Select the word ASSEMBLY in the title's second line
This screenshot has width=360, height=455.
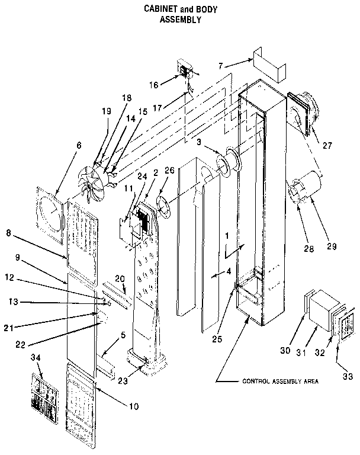point(181,19)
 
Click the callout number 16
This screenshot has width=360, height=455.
point(153,85)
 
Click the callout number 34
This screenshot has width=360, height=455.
point(40,359)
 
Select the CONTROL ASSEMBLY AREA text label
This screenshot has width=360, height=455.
point(281,382)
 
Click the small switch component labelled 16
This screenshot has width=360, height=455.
point(185,72)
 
